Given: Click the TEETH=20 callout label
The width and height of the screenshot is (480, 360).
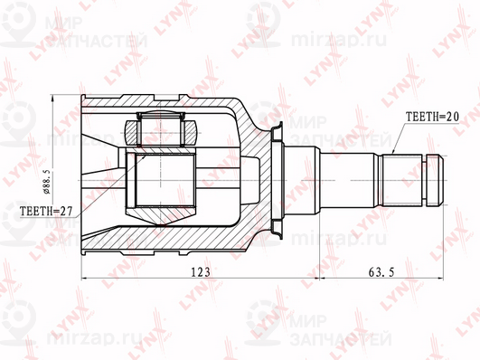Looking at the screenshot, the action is (x=432, y=116).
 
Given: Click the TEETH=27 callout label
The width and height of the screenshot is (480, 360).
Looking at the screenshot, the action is (x=46, y=211).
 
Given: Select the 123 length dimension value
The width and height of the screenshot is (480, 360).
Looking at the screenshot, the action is (x=201, y=271).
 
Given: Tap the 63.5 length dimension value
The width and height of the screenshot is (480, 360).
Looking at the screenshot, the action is (x=381, y=271).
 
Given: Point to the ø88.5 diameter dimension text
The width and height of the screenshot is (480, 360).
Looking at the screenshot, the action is (x=48, y=180).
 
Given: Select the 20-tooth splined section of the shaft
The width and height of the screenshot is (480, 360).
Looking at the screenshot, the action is (x=401, y=180).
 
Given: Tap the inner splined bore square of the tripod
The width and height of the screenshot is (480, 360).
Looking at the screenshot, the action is (x=165, y=180).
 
